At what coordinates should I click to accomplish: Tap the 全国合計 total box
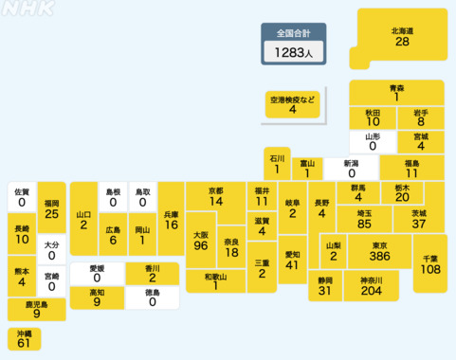pyautogui.click(x=294, y=45)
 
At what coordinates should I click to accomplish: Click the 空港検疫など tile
pyautogui.click(x=292, y=104)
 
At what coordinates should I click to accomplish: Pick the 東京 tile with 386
pyautogui.click(x=379, y=252)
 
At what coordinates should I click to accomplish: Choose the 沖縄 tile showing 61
pyautogui.click(x=24, y=339)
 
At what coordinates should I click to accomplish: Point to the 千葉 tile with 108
pyautogui.click(x=429, y=264)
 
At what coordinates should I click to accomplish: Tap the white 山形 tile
pyautogui.click(x=373, y=141)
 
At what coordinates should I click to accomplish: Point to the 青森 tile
pyautogui.click(x=396, y=92)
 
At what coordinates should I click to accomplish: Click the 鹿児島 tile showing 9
pyautogui.click(x=36, y=309)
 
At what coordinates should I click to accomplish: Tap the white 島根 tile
pyautogui.click(x=113, y=197)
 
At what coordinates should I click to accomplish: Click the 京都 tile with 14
pyautogui.click(x=215, y=197)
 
